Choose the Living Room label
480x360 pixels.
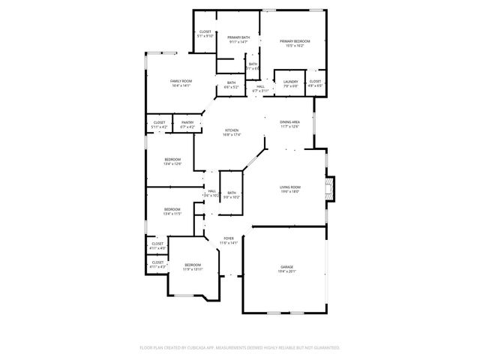pyautogui.click(x=290, y=189)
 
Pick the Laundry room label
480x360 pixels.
pyautogui.click(x=291, y=83)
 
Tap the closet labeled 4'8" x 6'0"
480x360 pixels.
pyautogui.click(x=315, y=83)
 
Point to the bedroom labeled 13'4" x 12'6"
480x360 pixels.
pyautogui.click(x=172, y=161)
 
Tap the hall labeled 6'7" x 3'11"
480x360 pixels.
pyautogui.click(x=259, y=88)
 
